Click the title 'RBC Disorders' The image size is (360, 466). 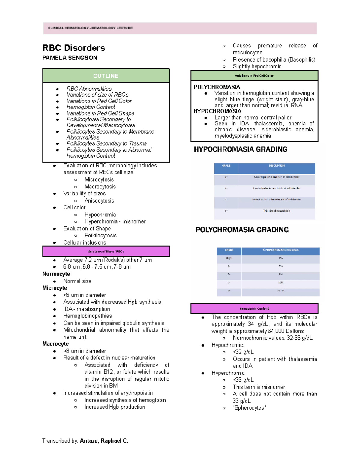[74, 48]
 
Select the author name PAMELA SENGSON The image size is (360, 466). [70, 58]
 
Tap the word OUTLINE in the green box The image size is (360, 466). [106, 76]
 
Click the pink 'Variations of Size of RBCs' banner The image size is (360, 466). [106, 251]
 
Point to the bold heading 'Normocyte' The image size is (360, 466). [56, 274]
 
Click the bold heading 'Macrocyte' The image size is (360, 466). [55, 344]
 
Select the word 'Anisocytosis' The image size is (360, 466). [99, 201]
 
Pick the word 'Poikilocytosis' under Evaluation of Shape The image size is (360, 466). [100, 236]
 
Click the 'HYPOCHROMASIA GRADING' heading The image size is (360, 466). [240, 149]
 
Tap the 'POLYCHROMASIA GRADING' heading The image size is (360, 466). [242, 230]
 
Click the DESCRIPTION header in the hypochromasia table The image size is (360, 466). [277, 166]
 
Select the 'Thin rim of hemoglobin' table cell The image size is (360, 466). [277, 211]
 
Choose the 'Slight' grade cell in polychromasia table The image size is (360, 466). [229, 258]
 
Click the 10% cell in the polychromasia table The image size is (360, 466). [280, 283]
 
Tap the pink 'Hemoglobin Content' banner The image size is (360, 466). [254, 308]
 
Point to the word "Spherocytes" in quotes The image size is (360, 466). [249, 408]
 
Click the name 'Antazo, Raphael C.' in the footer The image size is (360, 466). [104, 441]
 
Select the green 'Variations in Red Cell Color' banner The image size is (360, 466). [254, 76]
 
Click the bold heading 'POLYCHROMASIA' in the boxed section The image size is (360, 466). [217, 87]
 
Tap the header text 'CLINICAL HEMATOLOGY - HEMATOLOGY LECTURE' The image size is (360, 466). [90, 28]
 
